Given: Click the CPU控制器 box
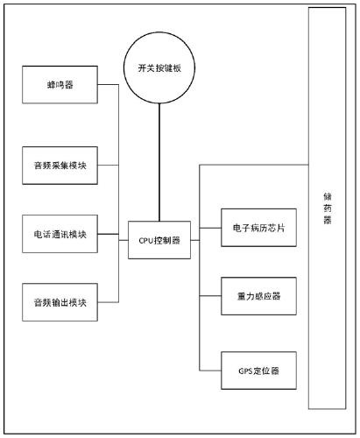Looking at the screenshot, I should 159,238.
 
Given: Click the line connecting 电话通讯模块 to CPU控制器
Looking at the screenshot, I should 112,234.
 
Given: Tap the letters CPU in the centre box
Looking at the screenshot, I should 146,238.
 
